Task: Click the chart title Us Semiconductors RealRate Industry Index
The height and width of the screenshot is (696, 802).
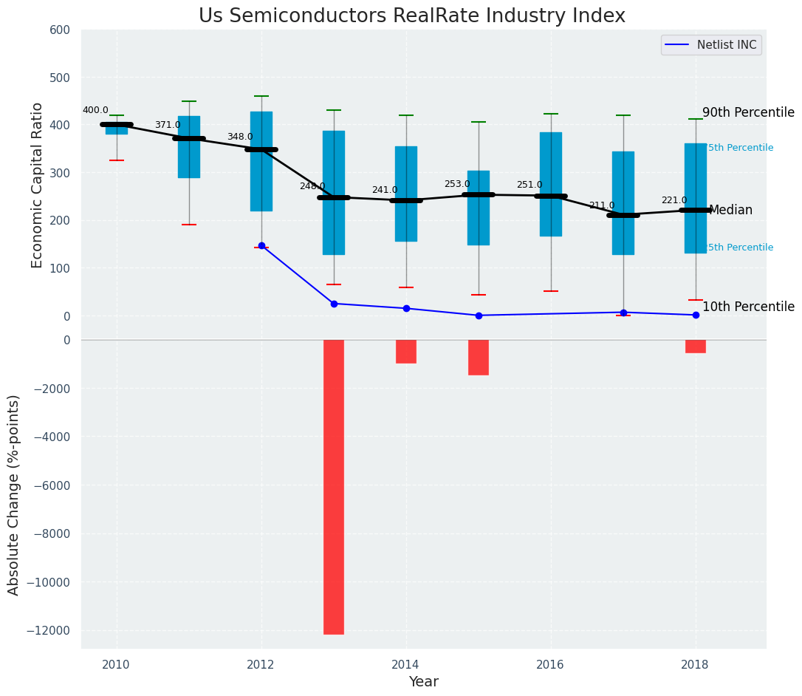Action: (411, 16)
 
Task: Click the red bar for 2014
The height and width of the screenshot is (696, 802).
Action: (406, 352)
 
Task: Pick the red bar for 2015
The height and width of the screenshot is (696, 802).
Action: (479, 358)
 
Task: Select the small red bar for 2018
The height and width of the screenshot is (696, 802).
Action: (696, 347)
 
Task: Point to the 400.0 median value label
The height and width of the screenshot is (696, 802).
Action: (95, 111)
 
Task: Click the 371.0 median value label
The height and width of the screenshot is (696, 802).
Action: (168, 126)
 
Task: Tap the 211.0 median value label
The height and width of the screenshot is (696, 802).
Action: (602, 206)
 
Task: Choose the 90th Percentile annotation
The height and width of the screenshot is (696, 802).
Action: (748, 113)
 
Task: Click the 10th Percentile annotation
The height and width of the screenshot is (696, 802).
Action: (748, 307)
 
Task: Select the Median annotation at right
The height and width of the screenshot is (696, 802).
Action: (730, 211)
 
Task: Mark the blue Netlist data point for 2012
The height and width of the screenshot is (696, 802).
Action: (261, 245)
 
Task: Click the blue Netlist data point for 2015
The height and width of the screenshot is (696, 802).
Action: (479, 315)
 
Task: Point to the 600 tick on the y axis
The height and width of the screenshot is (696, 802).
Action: (60, 30)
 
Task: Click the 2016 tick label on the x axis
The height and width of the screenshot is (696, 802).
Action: (550, 665)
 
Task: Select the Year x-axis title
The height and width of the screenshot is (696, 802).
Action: (424, 682)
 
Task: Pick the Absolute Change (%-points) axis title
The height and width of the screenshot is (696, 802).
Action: (14, 494)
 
